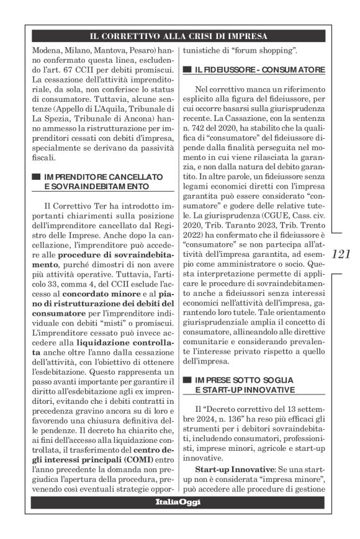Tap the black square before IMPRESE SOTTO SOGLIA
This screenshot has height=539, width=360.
[186, 379]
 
